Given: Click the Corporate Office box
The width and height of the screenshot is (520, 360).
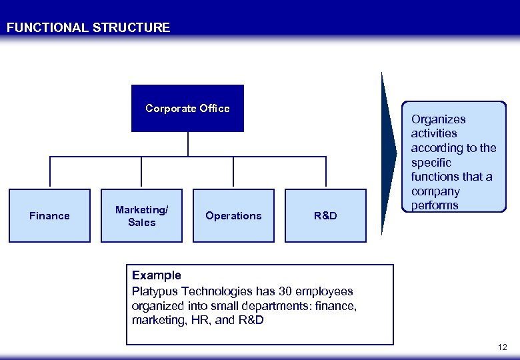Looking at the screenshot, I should [187, 108].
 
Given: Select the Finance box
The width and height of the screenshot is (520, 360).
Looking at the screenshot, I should [49, 215].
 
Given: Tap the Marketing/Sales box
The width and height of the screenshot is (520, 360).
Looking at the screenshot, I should [141, 215].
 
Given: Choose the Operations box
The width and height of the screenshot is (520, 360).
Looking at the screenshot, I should [233, 215].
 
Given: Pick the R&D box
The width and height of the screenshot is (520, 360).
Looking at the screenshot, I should [325, 215].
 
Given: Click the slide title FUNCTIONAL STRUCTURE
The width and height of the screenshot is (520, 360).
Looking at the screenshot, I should [88, 28].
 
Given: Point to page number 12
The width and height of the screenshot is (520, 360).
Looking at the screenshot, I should [502, 347].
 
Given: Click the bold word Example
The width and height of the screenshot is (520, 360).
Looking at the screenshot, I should [157, 275].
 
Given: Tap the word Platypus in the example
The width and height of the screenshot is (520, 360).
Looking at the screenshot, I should [154, 291].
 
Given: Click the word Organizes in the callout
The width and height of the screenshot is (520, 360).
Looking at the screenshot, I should [438, 119].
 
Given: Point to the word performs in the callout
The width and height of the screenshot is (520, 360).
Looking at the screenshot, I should [435, 205].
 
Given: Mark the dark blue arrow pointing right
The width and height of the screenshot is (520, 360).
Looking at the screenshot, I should [389, 153].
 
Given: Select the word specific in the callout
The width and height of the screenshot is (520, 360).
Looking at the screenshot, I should [431, 162].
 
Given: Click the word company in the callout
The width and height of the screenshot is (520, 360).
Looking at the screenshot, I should [435, 191].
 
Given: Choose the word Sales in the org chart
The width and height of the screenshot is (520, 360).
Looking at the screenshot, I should [141, 222].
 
